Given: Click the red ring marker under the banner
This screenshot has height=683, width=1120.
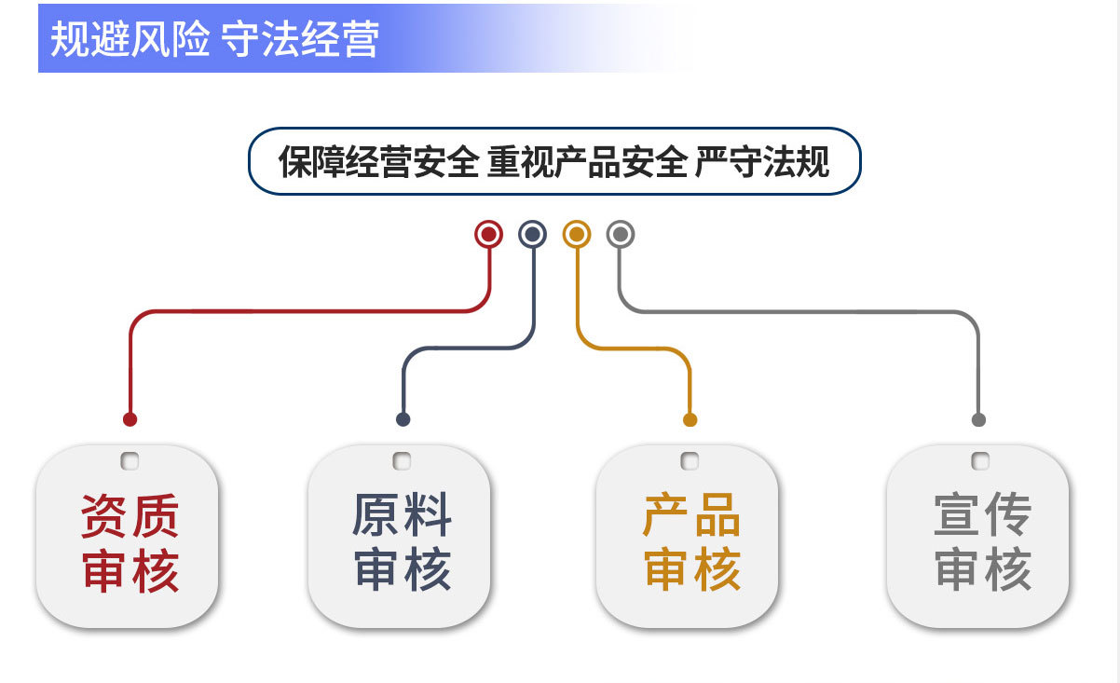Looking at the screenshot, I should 488,234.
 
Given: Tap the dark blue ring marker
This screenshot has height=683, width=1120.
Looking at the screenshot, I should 533,234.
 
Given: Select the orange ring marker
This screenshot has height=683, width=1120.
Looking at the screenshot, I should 577,234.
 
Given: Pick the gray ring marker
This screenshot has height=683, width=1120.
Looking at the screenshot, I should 621,234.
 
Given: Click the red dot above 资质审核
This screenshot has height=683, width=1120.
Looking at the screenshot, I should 130,419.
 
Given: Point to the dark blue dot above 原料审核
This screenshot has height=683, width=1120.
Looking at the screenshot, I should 403,419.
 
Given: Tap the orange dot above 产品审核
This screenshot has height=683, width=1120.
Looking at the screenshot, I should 690,419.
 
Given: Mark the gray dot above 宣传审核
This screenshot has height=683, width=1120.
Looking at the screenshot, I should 978,419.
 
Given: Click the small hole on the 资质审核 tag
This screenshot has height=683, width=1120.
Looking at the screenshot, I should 130,460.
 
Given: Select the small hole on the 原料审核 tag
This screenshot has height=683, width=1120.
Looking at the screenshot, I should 402,460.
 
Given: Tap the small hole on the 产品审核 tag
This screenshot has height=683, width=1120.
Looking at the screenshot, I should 690,460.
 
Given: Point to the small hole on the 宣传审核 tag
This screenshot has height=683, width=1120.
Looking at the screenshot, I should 979,460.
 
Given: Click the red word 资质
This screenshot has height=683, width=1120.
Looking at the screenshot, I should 130,515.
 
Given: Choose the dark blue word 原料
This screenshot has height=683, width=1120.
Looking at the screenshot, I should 402,515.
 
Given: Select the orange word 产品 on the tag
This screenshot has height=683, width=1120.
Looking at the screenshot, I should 691,515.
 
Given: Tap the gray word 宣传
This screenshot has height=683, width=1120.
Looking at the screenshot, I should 982,515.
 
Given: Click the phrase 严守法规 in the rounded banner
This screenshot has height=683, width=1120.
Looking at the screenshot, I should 762,163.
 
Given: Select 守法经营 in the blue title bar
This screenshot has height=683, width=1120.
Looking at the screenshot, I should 301,40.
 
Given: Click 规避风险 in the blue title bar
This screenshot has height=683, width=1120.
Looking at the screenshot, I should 130,40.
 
